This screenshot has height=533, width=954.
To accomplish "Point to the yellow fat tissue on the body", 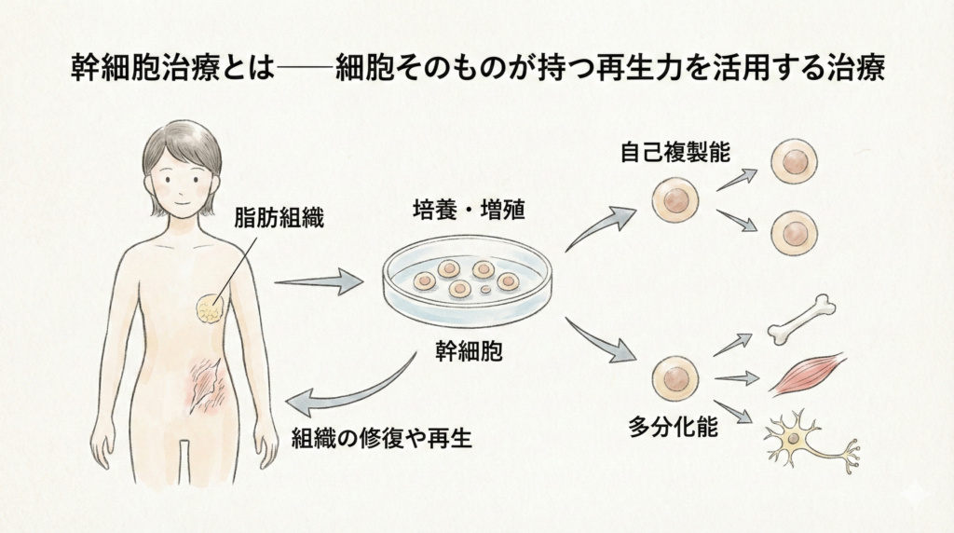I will point(210,308).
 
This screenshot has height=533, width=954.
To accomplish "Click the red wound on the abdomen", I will point(206,384).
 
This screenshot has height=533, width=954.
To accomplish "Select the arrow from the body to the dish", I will point(319,280).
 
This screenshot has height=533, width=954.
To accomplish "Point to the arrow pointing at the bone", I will point(732,344).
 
